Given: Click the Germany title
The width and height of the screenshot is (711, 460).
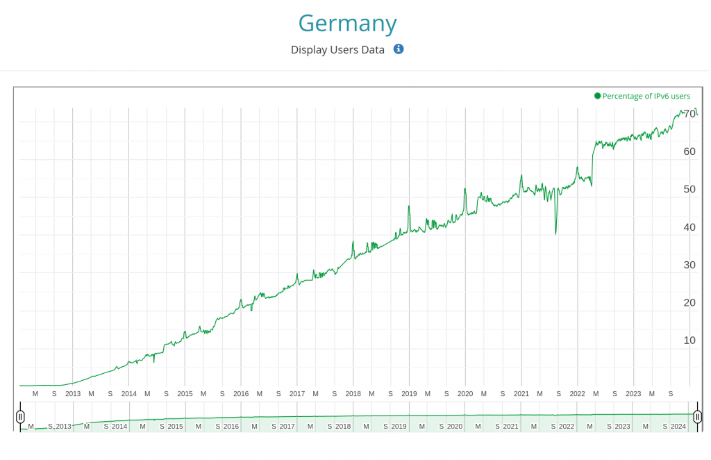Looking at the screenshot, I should click(x=348, y=24).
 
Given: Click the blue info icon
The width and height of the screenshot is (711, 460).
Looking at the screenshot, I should click(x=399, y=49).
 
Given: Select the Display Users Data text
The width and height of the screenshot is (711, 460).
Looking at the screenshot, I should click(x=337, y=50).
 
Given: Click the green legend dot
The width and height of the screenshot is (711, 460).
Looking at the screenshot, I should click(x=597, y=96).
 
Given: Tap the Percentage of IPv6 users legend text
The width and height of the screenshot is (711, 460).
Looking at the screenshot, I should click(x=646, y=96).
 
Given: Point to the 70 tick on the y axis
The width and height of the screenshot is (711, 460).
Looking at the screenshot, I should click(x=689, y=114).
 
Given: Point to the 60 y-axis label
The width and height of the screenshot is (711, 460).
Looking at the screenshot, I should click(x=689, y=151).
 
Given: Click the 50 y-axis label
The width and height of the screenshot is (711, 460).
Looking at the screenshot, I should click(x=689, y=189).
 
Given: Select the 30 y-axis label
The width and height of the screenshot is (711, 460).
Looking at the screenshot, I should click(x=689, y=265).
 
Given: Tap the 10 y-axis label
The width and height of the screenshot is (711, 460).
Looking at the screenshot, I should click(x=689, y=340).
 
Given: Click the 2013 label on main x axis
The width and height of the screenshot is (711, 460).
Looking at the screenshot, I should click(x=73, y=393).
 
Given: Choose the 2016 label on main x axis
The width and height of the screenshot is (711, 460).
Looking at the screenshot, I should click(x=241, y=393).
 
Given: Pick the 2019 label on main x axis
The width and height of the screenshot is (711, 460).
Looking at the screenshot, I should click(x=409, y=393).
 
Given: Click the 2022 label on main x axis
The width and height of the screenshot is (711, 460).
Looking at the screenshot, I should click(x=577, y=393).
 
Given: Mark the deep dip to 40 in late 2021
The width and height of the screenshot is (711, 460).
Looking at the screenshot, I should click(x=555, y=233).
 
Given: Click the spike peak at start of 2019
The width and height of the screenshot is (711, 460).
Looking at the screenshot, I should click(x=409, y=206).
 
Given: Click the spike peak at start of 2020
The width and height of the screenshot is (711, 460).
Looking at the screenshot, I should click(x=465, y=189).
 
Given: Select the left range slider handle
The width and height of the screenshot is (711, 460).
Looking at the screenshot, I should click(x=20, y=417).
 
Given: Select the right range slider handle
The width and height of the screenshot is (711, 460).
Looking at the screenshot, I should click(x=698, y=417).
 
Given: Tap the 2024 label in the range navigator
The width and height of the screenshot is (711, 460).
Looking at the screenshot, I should click(x=678, y=426).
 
